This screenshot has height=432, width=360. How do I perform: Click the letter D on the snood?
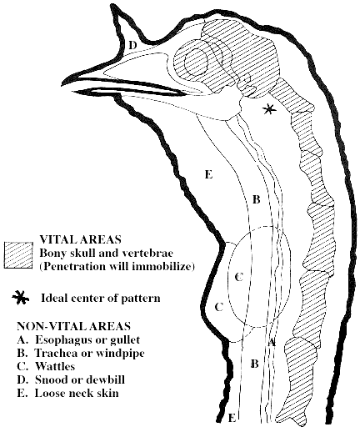coord(133,45)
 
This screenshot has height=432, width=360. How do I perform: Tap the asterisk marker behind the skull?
coord(269,109)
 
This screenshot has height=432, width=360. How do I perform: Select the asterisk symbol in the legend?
coord(21,298)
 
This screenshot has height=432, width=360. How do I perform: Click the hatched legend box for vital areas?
coord(18,255)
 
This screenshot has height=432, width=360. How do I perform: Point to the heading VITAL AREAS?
coord(81,239)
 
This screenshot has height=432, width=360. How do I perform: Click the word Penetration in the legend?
coord(74,266)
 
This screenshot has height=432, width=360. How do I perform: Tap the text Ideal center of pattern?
coord(101,298)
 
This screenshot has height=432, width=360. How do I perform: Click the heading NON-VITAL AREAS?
coord(74,326)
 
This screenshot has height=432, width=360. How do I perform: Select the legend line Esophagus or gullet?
coord(78,339)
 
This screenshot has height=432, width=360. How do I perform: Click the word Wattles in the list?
coord(55,366)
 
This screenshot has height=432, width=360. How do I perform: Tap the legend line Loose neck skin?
coord(68,393)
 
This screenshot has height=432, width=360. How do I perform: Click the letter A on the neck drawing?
coord(272,342)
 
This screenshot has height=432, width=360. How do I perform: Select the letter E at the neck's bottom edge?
coord(232,418)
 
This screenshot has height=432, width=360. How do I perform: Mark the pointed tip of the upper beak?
coord(64,78)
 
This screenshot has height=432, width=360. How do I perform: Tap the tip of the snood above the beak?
coord(112,5)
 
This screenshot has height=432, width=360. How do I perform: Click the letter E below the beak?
coord(208,175)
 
